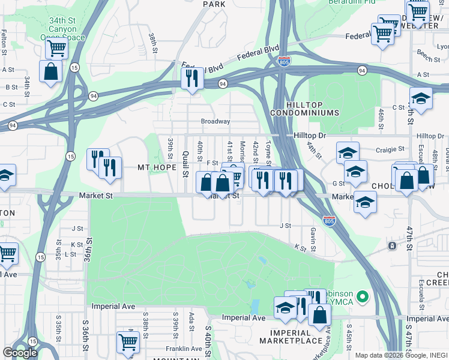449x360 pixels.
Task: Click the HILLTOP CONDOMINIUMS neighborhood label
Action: point(304,108)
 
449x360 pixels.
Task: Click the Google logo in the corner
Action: point(20,353)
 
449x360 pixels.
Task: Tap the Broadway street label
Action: point(215,121)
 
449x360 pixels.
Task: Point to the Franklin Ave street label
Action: point(184,349)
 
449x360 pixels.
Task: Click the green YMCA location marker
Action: point(362,296)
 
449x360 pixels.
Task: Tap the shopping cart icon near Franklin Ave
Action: point(128,342)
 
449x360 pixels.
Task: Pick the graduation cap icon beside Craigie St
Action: point(348,152)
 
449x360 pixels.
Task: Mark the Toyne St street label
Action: point(268,154)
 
